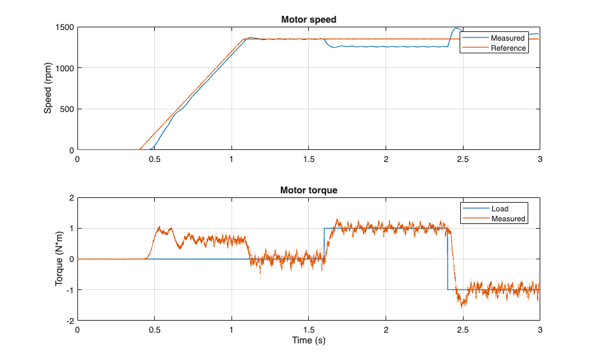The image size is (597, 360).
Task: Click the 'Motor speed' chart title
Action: [x=308, y=19]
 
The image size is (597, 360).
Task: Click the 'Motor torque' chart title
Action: [x=308, y=190]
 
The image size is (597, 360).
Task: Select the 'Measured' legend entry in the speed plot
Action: [x=508, y=38]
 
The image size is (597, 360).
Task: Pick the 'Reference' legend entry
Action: [x=509, y=48]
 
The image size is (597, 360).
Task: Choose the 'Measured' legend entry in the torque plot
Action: [x=508, y=219]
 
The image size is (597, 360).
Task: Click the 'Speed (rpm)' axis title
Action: [x=48, y=89]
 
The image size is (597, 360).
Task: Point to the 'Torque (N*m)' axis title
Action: [x=59, y=259]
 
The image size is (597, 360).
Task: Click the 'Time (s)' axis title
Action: [x=308, y=341]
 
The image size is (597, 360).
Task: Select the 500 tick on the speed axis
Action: [x=67, y=109]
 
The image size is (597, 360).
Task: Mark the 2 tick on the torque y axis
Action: [x=71, y=198]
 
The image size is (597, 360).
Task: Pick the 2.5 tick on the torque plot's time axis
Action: [x=462, y=329]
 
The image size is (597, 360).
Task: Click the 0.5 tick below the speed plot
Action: [x=155, y=159]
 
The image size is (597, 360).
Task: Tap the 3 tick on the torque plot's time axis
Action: [x=539, y=329]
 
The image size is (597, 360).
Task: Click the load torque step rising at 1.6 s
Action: [x=324, y=243]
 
